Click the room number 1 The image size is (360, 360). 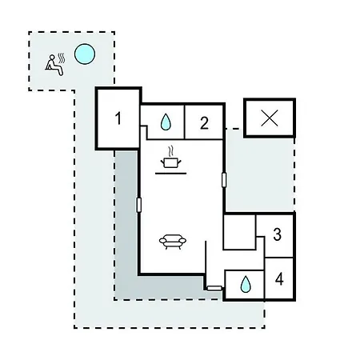pyautogui.click(x=118, y=118)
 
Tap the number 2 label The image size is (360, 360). pyautogui.click(x=204, y=123)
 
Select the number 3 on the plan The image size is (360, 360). pyautogui.click(x=278, y=234)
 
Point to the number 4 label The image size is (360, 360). pyautogui.click(x=279, y=279)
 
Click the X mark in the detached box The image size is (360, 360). pyautogui.click(x=270, y=118)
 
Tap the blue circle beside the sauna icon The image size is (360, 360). pyautogui.click(x=85, y=54)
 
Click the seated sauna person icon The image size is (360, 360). pyautogui.click(x=54, y=66)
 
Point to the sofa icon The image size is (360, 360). pyautogui.click(x=173, y=242)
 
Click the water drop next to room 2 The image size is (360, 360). pyautogui.click(x=166, y=122)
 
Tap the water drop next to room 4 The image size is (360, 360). pyautogui.click(x=246, y=284)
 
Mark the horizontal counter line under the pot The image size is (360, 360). pyautogui.click(x=171, y=174)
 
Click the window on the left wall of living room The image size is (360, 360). pyautogui.click(x=138, y=205)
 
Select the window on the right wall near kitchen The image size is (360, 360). pyautogui.click(x=224, y=180)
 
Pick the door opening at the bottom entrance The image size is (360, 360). pyautogui.click(x=214, y=288)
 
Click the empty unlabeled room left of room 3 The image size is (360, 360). pyautogui.click(x=239, y=232)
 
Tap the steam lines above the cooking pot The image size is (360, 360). pyautogui.click(x=171, y=151)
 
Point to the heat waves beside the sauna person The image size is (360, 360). pyautogui.click(x=62, y=59)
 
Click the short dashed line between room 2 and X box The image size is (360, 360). pyautogui.click(x=233, y=129)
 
